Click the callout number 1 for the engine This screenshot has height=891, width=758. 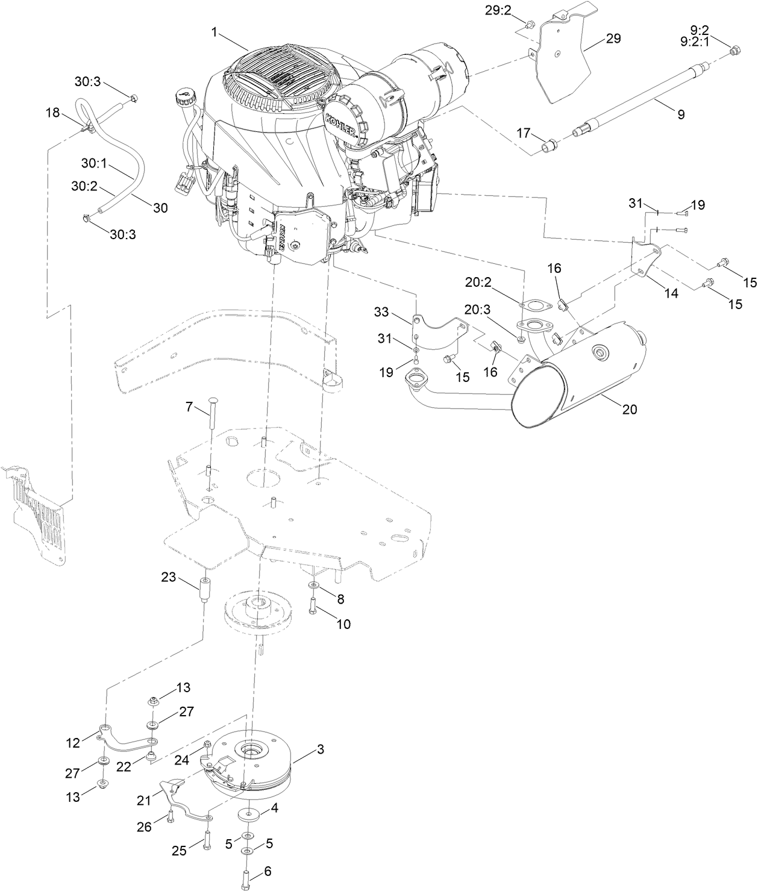[214, 32]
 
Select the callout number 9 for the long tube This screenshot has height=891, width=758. [680, 114]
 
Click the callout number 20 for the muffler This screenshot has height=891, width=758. [628, 409]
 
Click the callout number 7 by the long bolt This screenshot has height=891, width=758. [189, 408]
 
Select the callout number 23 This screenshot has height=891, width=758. [168, 578]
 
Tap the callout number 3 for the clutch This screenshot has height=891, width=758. [320, 749]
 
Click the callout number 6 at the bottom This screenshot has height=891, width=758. [268, 871]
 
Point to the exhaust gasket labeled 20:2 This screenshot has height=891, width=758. [533, 305]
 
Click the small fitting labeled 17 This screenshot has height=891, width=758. [549, 146]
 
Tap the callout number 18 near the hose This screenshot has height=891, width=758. [53, 112]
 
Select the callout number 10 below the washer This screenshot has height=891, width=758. [343, 624]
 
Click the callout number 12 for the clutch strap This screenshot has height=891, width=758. [73, 743]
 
